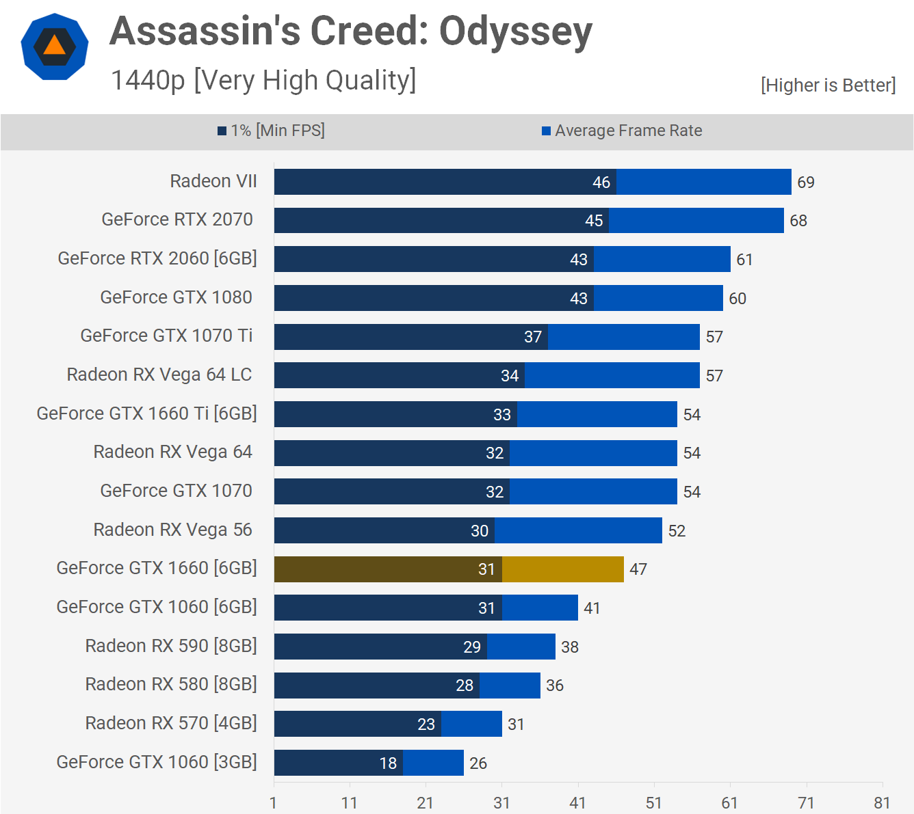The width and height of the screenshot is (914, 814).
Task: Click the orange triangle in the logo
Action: coord(55,46)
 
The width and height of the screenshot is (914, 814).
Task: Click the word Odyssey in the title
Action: coord(515,32)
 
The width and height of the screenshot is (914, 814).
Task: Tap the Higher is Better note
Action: coord(828,85)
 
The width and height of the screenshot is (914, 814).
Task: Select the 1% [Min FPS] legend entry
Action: coord(272,131)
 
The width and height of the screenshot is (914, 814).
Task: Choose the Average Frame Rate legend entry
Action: coord(622,131)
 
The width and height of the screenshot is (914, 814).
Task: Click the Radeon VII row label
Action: coord(213,181)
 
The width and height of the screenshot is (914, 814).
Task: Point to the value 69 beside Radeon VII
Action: coord(806,182)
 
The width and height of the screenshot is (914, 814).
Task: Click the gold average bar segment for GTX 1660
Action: coord(563,569)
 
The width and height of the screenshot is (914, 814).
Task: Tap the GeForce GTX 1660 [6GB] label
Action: coord(157,568)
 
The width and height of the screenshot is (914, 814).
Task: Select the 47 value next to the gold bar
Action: coord(638,569)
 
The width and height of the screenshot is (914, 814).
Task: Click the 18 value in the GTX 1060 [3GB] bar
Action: coord(388,763)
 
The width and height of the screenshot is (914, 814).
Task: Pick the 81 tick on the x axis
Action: coord(882,803)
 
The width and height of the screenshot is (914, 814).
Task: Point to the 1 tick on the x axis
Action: coord(274,803)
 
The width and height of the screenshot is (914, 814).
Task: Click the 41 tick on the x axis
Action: coord(577,803)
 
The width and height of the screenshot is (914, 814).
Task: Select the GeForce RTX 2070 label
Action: coord(177,219)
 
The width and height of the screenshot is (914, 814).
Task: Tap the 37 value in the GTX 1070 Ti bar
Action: coord(533,337)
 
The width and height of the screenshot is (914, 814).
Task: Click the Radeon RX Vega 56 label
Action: coord(172,530)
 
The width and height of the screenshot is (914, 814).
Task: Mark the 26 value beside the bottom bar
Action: coord(478,763)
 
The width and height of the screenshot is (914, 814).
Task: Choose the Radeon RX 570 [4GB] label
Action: coord(171,723)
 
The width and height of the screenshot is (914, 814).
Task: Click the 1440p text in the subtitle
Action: coord(148,81)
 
